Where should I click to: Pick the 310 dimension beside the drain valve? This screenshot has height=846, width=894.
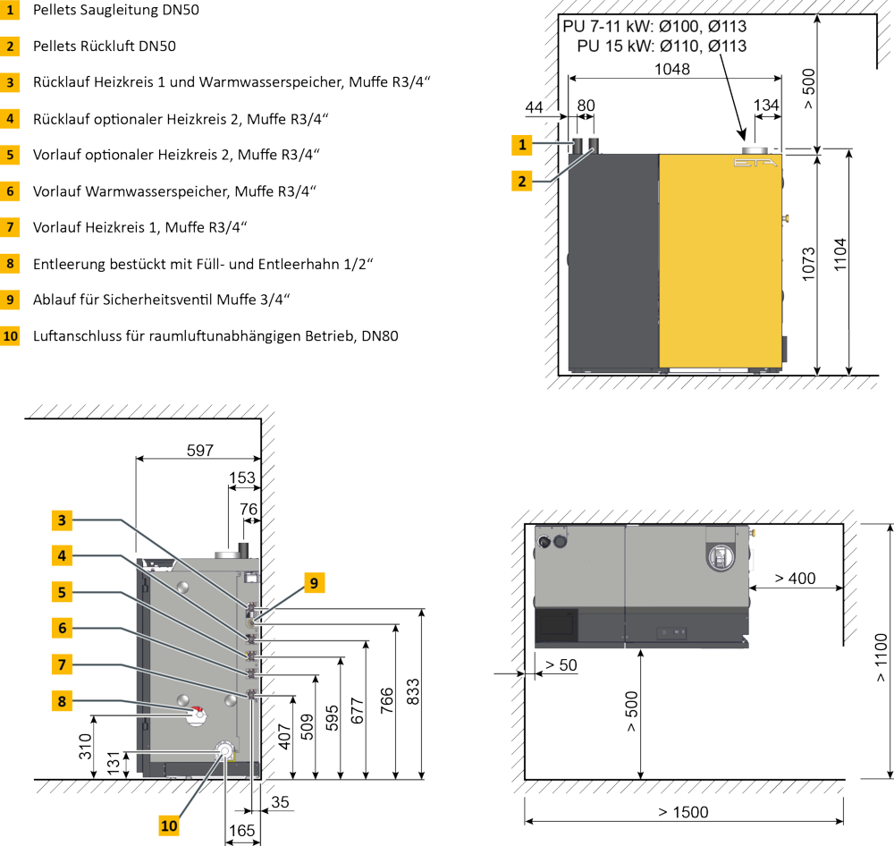(x=85, y=748)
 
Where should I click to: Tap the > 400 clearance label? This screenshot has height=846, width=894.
(x=795, y=579)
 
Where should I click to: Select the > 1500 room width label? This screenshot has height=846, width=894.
(x=683, y=812)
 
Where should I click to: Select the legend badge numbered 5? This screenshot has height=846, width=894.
(x=10, y=155)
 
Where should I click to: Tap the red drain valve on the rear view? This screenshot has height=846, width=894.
(x=197, y=715)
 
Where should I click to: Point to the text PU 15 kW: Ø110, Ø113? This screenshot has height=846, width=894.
(x=662, y=45)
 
